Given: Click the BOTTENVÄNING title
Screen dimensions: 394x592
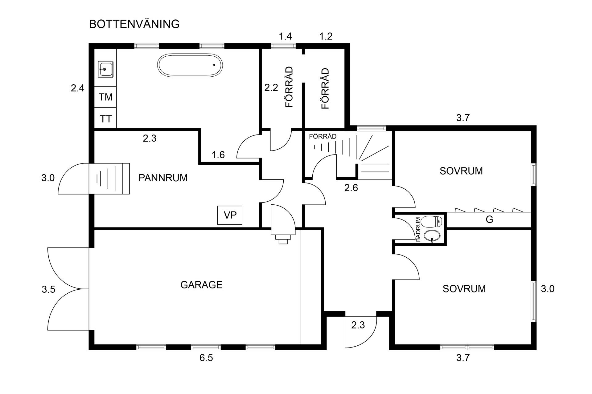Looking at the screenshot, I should [134, 24].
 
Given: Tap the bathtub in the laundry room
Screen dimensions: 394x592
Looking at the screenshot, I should [190, 65].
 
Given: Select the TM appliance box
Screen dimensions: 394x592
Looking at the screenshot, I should [105, 97].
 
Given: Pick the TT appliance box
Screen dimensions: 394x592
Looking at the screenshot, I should [105, 119].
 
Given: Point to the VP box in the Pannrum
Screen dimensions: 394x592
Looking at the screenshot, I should [230, 215].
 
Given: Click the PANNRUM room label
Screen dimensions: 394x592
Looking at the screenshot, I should [163, 178].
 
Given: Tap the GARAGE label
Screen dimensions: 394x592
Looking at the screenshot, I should [201, 285].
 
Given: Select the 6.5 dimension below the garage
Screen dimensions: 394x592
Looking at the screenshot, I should [206, 358].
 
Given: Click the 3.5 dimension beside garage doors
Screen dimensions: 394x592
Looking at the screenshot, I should [48, 290].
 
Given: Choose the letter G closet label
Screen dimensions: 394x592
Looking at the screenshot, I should [489, 220].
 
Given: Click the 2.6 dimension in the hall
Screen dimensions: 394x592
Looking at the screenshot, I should [351, 188].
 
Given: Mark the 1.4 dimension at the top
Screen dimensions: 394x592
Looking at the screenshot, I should [285, 37].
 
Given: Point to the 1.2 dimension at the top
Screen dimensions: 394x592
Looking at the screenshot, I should [326, 37].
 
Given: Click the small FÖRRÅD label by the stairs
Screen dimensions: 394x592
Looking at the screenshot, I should [323, 137].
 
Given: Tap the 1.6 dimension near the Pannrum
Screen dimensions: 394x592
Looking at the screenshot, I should [218, 155].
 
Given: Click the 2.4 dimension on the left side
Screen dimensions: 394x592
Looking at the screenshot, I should [77, 89].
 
